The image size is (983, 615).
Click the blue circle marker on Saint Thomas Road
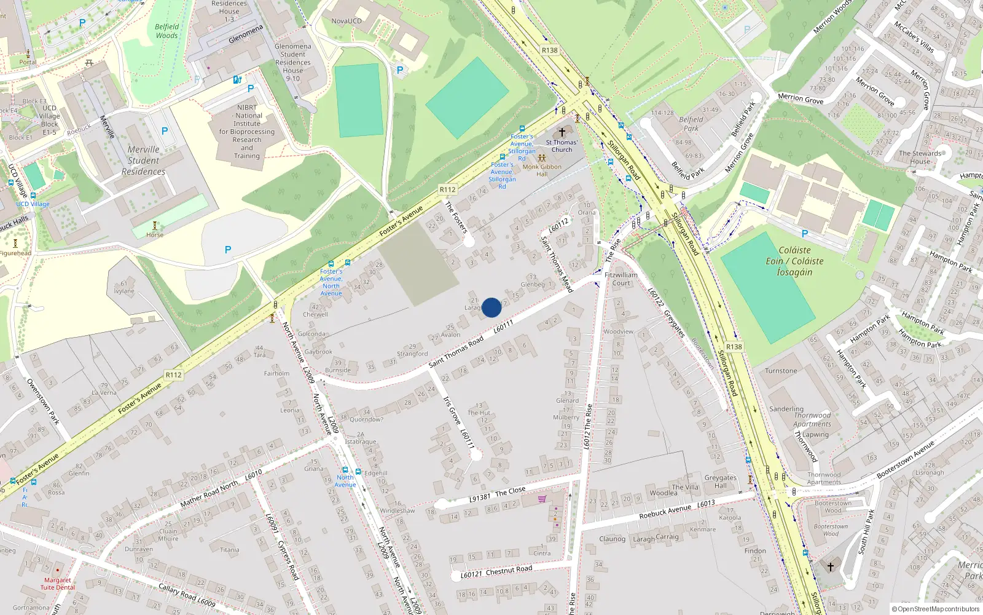[491, 307]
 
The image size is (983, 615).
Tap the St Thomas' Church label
[562, 146]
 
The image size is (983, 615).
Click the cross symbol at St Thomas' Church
[562, 132]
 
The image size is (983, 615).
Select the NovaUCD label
[347, 21]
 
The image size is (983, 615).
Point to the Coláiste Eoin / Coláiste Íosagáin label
[794, 261]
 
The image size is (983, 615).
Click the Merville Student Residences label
[143, 161]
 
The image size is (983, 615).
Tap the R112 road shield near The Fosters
[448, 189]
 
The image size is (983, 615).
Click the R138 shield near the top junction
[549, 50]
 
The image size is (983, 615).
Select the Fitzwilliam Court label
[621, 279]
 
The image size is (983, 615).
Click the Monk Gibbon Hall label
[542, 170]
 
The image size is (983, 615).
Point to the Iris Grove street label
[452, 410]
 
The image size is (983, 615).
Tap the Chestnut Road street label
[509, 570]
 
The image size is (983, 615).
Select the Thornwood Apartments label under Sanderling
[812, 419]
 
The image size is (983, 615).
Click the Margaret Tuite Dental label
[58, 584]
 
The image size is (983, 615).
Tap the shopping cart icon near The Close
[542, 499]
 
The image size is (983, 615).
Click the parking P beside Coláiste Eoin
[804, 234]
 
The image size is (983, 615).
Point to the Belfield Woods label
[166, 31]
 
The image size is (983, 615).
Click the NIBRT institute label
[247, 132]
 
